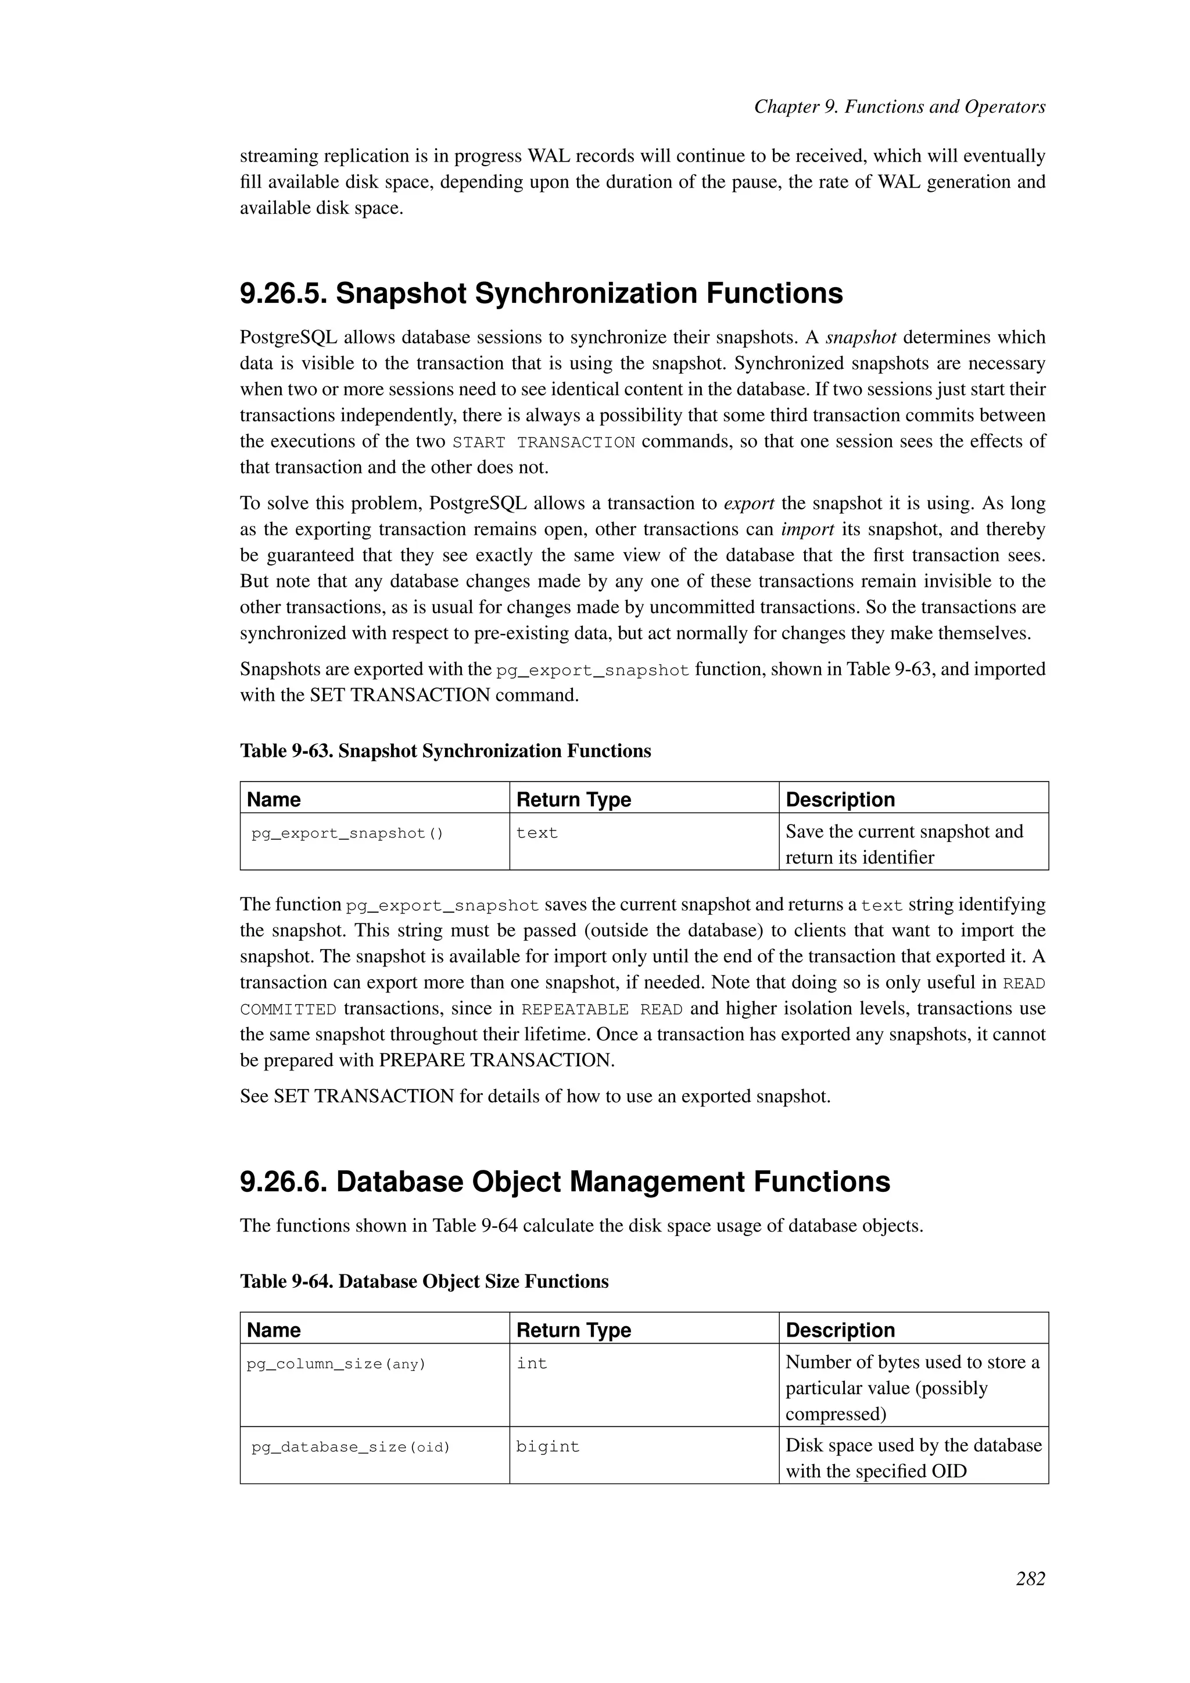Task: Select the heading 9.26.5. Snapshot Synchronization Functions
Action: click(541, 293)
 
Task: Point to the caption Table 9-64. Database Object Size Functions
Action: click(424, 1281)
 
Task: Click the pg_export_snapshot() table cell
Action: click(347, 833)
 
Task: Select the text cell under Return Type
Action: click(537, 833)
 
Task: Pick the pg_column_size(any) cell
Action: click(336, 1364)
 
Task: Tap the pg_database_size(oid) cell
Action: click(350, 1447)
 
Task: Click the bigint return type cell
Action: click(547, 1447)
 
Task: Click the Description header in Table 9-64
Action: click(840, 1330)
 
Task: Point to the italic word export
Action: click(749, 504)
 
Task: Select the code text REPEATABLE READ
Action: click(601, 1009)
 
